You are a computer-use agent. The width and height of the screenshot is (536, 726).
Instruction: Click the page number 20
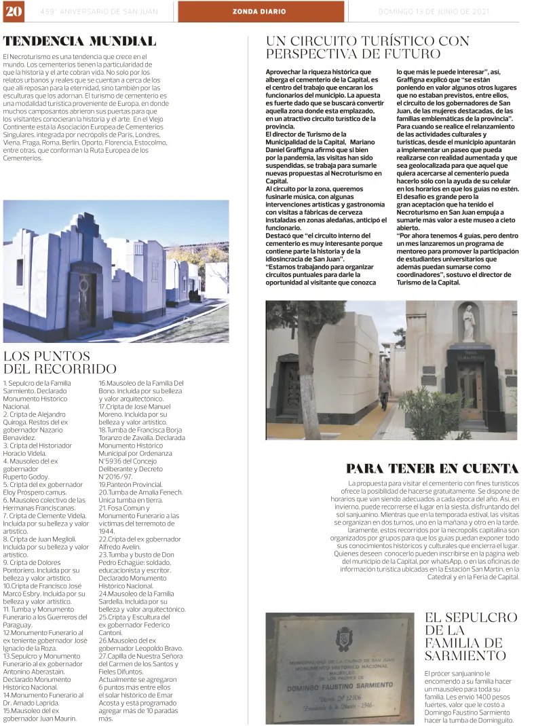(12, 12)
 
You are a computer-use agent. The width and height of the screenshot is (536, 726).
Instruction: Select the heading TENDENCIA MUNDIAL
(79, 41)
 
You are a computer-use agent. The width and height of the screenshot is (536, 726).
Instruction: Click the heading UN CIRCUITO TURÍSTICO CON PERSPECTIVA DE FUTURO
(367, 48)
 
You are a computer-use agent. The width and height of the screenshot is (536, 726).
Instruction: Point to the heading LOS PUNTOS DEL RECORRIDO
(60, 363)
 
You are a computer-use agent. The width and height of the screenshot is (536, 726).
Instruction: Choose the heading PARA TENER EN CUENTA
(432, 469)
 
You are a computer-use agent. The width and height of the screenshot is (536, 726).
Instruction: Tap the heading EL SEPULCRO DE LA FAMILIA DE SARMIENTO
(470, 636)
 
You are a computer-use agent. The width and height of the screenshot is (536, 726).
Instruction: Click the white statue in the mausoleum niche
(468, 325)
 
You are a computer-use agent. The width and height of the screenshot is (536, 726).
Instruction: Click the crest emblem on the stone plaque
(343, 638)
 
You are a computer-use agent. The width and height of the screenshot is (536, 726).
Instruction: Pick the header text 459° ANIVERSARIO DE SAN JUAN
(98, 12)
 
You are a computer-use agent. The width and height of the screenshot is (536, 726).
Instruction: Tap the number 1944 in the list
(107, 531)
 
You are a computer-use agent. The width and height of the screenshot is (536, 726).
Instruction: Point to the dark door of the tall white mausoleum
(85, 300)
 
